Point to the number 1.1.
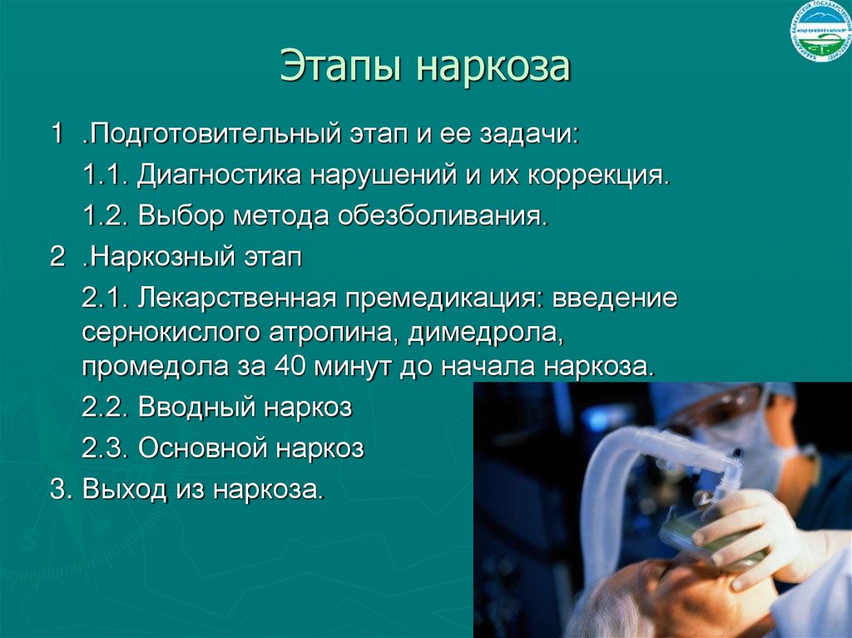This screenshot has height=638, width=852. coord(105,176)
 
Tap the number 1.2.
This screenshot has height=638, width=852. coord(105,217)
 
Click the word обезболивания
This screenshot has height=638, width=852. coord(443,217)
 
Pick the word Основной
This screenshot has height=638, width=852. coord(206,448)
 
